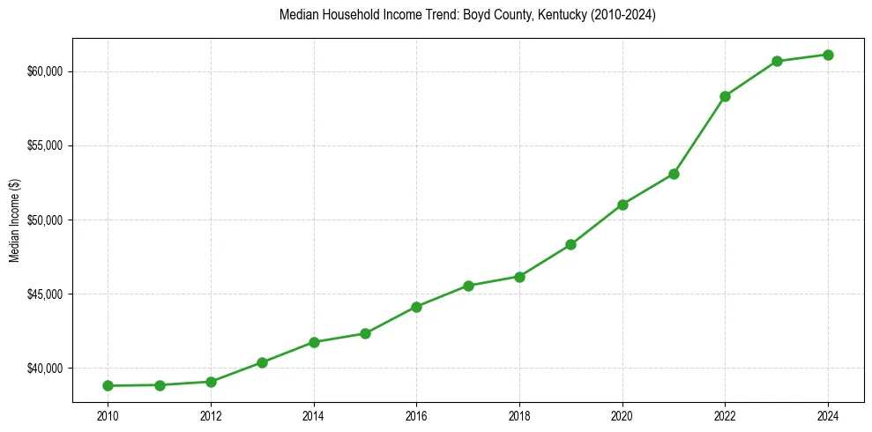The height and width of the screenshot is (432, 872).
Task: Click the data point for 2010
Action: coord(108,385)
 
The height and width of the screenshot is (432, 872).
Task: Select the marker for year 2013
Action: coord(262,362)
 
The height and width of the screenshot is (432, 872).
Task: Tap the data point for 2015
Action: coord(365,333)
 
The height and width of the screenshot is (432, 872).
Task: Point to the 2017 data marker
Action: coord(468,286)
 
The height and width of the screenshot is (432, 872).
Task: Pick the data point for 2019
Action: coord(570,244)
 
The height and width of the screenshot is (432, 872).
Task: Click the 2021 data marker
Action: coord(674,174)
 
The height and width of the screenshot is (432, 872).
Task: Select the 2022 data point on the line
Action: coord(725,96)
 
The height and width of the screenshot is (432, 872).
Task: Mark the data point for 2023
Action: coord(777,61)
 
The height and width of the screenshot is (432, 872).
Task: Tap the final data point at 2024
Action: coord(828,55)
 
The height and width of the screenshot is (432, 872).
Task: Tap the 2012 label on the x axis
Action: coord(211,415)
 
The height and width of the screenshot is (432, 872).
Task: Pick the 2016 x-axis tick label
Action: coord(416,415)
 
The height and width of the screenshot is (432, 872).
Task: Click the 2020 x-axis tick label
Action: coord(622,415)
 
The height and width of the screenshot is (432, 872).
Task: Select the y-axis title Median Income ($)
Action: coord(14,220)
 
